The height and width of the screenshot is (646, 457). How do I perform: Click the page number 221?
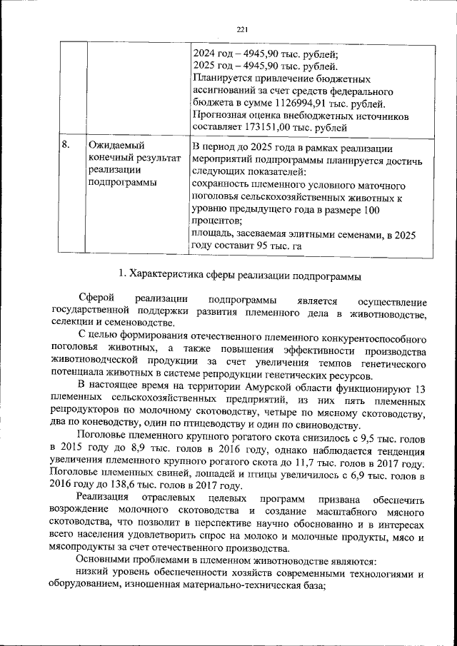[x=241, y=29]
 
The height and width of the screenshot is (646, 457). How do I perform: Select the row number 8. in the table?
[x=65, y=145]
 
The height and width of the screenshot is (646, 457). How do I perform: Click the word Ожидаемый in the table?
[x=114, y=145]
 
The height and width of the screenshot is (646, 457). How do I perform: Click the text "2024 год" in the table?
[x=214, y=55]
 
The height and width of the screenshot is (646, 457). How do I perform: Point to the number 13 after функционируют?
[x=420, y=388]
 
